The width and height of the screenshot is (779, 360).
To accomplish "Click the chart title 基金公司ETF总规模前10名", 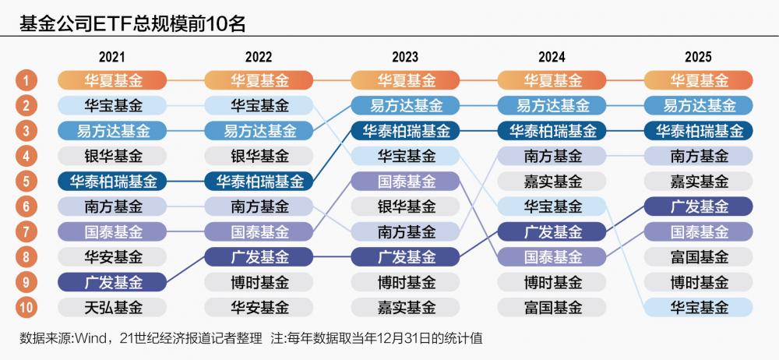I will pos(132,23).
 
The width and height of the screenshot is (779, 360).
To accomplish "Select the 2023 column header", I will pos(405,57).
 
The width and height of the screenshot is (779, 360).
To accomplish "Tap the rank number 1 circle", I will pos(26,80).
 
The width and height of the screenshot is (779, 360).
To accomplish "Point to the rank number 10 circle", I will pos(26,307).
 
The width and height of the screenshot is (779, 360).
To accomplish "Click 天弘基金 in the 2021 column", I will pos(113,307).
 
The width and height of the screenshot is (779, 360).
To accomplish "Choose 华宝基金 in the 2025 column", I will pos(698,307).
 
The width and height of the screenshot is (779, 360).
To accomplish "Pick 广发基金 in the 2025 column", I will pos(698,206).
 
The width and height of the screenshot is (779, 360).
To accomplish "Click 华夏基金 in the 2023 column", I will pos(405,80).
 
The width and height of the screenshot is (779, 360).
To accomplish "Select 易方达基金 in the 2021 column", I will pos(113,131).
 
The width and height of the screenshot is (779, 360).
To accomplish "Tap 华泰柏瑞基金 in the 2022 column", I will pos(259,182).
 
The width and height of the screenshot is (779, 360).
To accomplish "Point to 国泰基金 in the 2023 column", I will pos(405,182).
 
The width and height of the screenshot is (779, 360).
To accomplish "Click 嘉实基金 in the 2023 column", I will pos(405,307).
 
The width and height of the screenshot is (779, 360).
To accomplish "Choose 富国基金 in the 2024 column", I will pos(552,307).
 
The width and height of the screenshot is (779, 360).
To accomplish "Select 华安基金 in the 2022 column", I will pos(259,307).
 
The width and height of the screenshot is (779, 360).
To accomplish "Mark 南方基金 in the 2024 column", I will pos(552,156).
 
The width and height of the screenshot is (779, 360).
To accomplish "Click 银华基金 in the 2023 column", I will pos(405,206).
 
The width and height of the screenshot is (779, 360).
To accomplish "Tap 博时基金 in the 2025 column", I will pos(698,282).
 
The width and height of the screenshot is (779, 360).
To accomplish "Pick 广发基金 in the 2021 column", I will pos(113,282).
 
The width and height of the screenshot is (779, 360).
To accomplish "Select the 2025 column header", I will pos(698,57).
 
